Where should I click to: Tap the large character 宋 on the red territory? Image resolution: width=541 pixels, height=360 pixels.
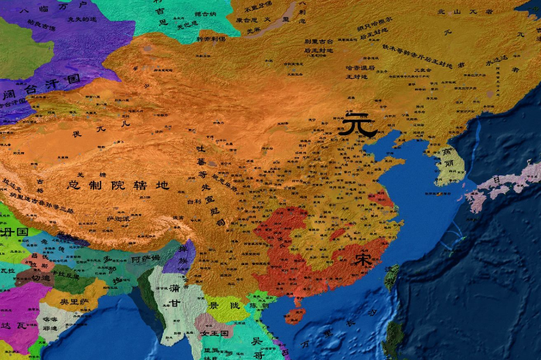[362, 260]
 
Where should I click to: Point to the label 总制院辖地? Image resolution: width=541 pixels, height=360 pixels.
[118, 185]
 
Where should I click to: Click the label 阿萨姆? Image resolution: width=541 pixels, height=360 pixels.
[147, 259]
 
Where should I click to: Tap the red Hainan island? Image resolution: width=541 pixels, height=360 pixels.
[294, 315]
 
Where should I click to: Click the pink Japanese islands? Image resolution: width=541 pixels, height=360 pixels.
[495, 185]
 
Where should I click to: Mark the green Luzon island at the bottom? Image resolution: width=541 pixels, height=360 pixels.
[394, 340]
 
